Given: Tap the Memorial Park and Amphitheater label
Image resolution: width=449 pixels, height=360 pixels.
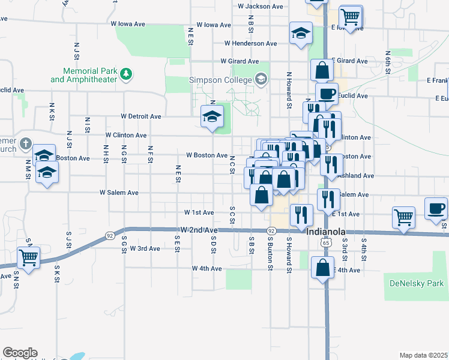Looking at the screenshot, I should coord(83,75).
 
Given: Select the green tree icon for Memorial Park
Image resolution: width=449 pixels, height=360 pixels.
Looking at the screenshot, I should coord(127,74).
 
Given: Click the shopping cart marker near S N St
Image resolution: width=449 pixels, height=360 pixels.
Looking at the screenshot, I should coord(28,258).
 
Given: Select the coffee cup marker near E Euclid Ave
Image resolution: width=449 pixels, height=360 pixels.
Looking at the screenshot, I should coord(327,94).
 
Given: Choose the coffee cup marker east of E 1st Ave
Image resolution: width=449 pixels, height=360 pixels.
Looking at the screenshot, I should coord(436,209).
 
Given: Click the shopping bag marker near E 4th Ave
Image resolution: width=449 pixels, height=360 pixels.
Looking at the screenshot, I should coord(322,268).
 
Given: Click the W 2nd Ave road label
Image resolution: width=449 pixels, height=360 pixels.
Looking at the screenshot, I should coord(199,230).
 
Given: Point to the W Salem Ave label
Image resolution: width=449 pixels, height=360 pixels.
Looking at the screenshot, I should coord(119,193).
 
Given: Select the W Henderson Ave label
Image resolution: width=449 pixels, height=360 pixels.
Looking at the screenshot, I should coord(250,43).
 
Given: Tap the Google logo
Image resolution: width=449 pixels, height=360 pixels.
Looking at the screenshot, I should coord(20,353).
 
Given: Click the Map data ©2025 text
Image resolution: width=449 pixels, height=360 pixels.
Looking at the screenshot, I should coord(423,355).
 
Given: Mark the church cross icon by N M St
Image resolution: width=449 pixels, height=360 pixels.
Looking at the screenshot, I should coord(25,144).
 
